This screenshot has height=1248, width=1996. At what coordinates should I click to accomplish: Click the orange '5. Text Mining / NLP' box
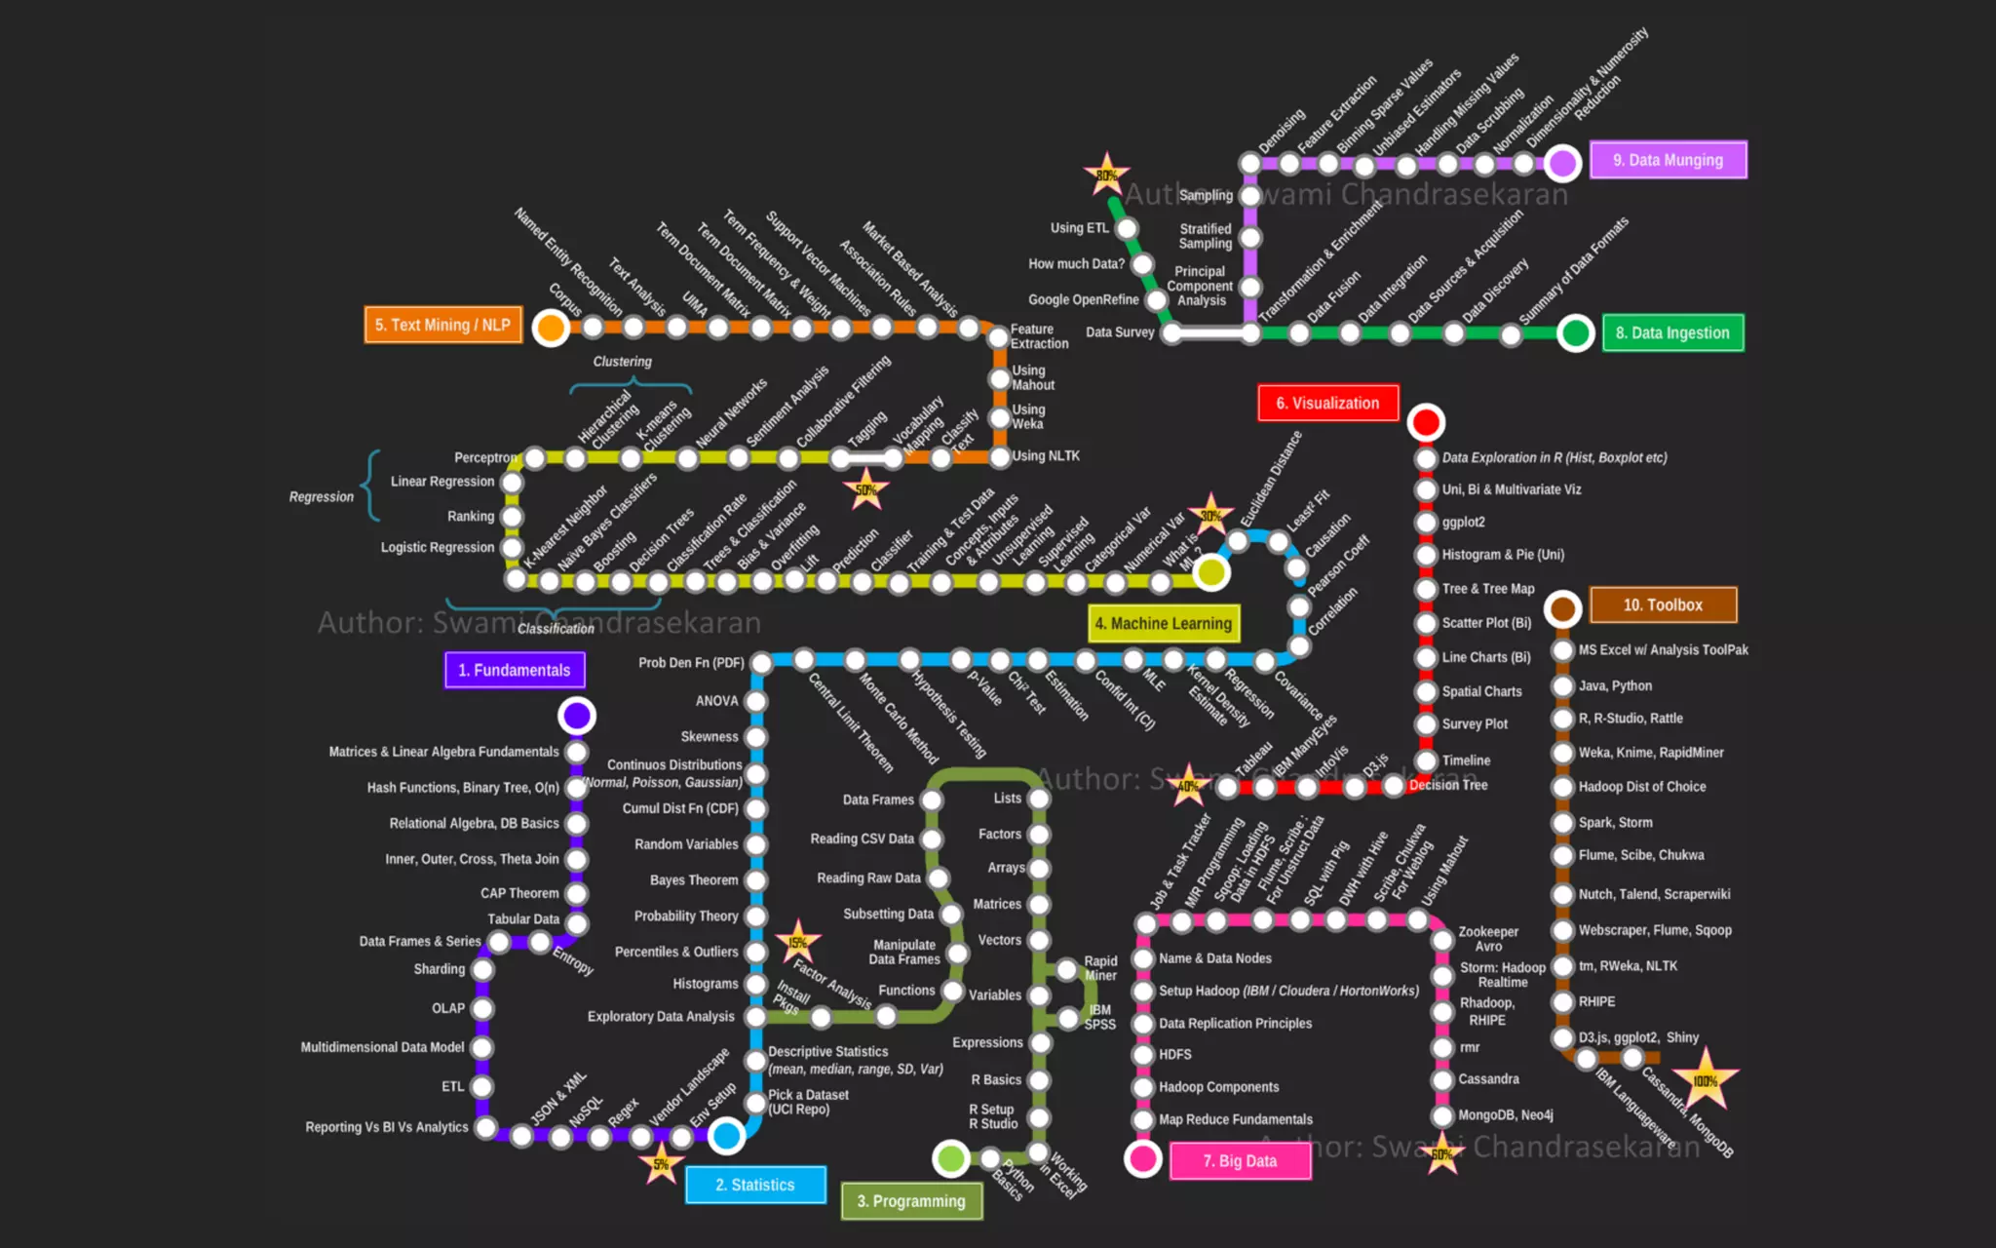pyautogui.click(x=443, y=325)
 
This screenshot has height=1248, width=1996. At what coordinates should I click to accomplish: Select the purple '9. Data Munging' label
pyautogui.click(x=1668, y=160)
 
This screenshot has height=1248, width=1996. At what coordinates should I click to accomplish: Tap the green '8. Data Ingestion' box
pyautogui.click(x=1672, y=332)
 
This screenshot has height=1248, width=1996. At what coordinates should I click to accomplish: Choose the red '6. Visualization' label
pyautogui.click(x=1327, y=403)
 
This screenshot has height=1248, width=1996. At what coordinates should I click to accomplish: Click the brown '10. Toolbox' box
pyautogui.click(x=1663, y=604)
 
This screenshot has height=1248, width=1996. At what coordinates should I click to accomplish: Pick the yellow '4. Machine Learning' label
pyautogui.click(x=1163, y=623)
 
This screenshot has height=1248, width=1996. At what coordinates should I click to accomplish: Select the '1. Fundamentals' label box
pyautogui.click(x=515, y=670)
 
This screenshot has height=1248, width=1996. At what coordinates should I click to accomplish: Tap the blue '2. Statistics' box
pyautogui.click(x=755, y=1185)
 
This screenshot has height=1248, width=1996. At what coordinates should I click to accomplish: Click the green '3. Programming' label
pyautogui.click(x=911, y=1201)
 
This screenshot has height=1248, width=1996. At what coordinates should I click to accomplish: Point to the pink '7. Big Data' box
pyautogui.click(x=1240, y=1160)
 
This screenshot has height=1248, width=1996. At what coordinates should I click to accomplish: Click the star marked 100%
pyautogui.click(x=1705, y=1079)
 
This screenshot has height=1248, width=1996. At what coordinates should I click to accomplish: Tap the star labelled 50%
pyautogui.click(x=865, y=489)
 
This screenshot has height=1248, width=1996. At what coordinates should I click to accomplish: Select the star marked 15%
pyautogui.click(x=798, y=942)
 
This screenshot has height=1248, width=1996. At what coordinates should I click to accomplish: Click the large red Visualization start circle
pyautogui.click(x=1426, y=422)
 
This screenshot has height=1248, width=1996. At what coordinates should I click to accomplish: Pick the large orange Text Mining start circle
pyautogui.click(x=551, y=328)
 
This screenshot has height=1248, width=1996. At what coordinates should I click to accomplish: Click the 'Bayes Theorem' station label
pyautogui.click(x=694, y=880)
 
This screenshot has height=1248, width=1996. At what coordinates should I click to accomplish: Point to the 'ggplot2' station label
pyautogui.click(x=1464, y=523)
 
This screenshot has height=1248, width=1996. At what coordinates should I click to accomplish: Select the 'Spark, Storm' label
pyautogui.click(x=1615, y=822)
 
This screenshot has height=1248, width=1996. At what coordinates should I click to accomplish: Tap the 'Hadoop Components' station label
pyautogui.click(x=1218, y=1087)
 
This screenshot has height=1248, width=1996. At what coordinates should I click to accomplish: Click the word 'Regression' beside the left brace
pyautogui.click(x=321, y=497)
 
